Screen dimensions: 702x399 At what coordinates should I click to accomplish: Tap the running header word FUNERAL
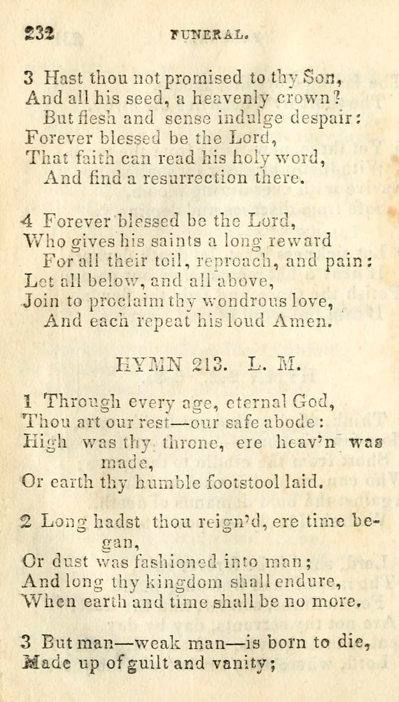[209, 35]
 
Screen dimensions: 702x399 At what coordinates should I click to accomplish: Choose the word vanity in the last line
[243, 664]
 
